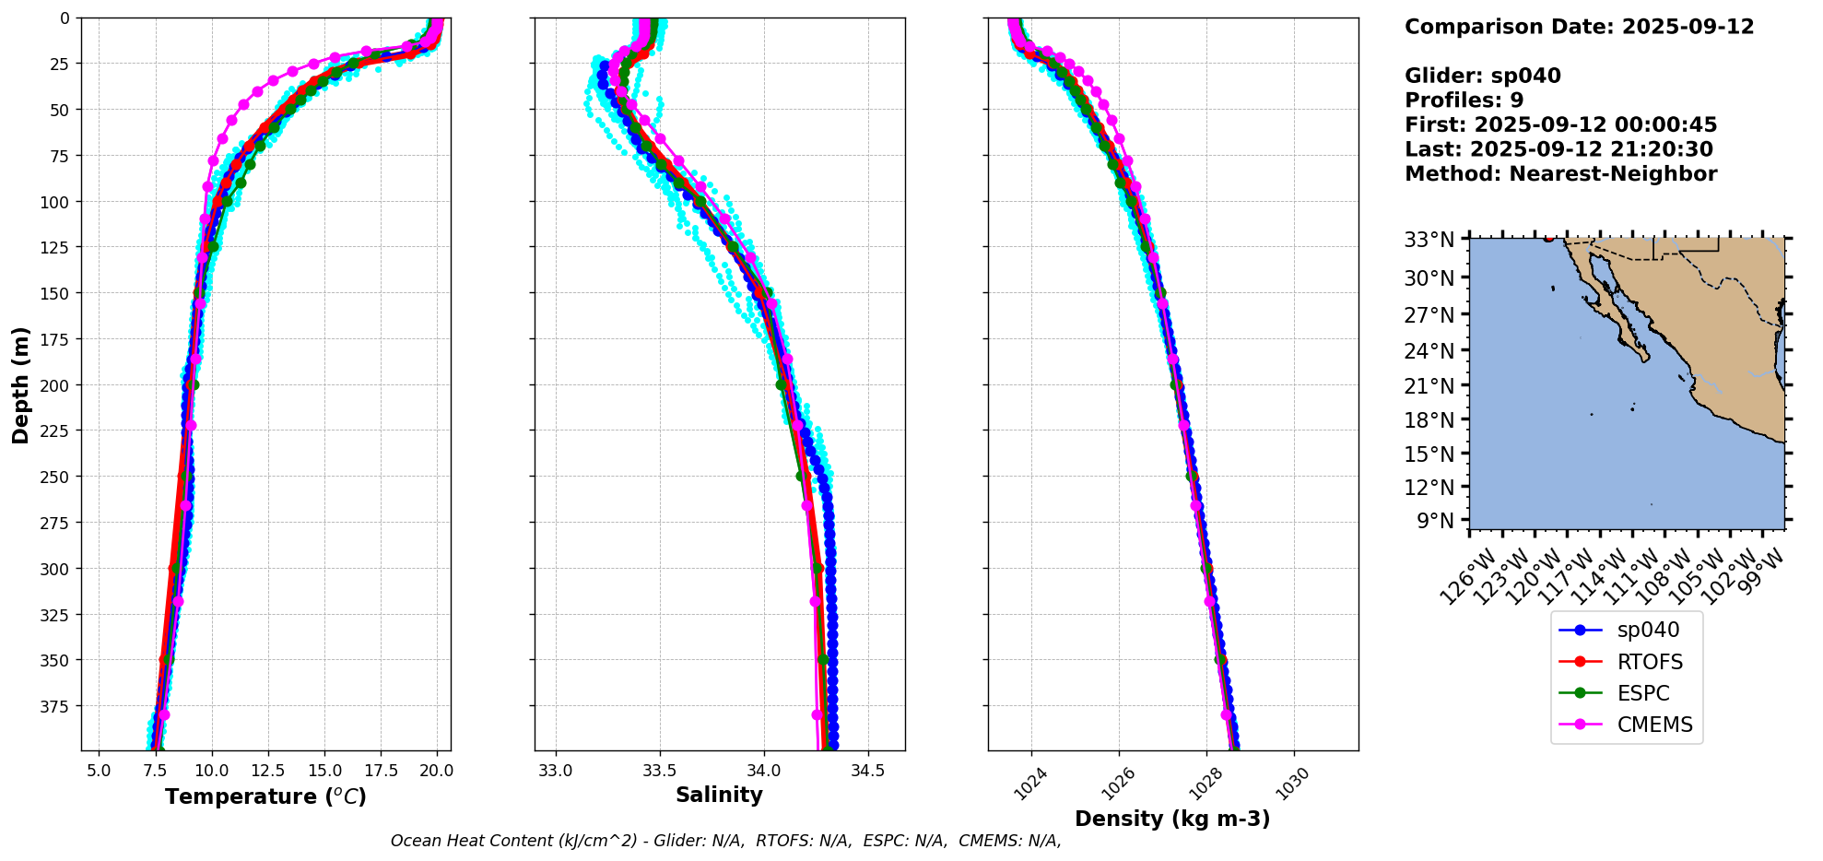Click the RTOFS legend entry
click(x=1649, y=662)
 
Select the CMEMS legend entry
click(x=1654, y=725)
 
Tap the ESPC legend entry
click(x=1643, y=693)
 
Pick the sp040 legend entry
click(x=1648, y=631)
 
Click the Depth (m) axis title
click(x=21, y=384)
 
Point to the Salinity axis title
click(x=719, y=796)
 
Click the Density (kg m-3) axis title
click(x=1172, y=819)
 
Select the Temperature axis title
click(x=265, y=796)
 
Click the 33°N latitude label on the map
click(x=1429, y=240)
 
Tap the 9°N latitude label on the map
click(x=1433, y=521)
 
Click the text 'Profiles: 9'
click(x=1464, y=100)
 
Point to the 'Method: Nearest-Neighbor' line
click(x=1560, y=174)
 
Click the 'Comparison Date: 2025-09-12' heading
click(x=1579, y=27)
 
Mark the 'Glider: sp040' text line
click(x=1482, y=76)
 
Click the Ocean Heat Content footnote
click(x=725, y=841)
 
